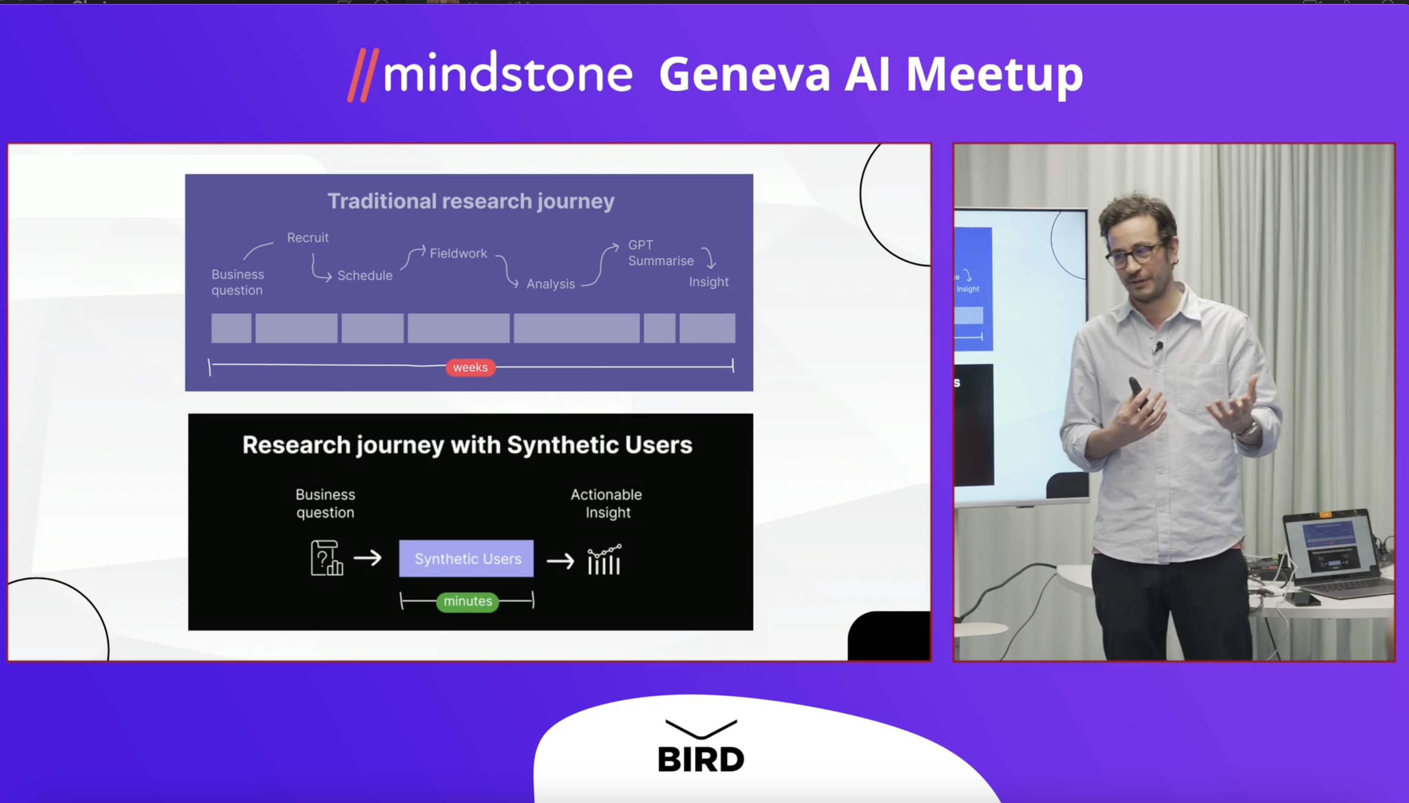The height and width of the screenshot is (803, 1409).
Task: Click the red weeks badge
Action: coord(470,367)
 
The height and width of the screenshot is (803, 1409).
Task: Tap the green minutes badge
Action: coord(467,601)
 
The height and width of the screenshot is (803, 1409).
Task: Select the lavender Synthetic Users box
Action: coord(467,559)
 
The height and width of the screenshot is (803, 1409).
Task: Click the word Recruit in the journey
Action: coord(308,238)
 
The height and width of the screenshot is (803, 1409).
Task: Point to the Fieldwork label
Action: coord(458,253)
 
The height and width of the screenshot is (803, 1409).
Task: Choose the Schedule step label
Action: coord(365,275)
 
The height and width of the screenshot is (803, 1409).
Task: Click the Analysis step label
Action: coord(551,284)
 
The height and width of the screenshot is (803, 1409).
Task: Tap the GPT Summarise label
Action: coord(661,253)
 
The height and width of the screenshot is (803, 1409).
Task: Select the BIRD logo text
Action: coord(701,760)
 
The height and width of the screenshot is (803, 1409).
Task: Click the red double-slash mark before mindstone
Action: coord(363,75)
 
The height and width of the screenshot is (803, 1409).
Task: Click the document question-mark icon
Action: coord(327,558)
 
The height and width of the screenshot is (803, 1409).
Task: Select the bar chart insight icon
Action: coord(605,559)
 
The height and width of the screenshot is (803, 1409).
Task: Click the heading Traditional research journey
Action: coord(471,201)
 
